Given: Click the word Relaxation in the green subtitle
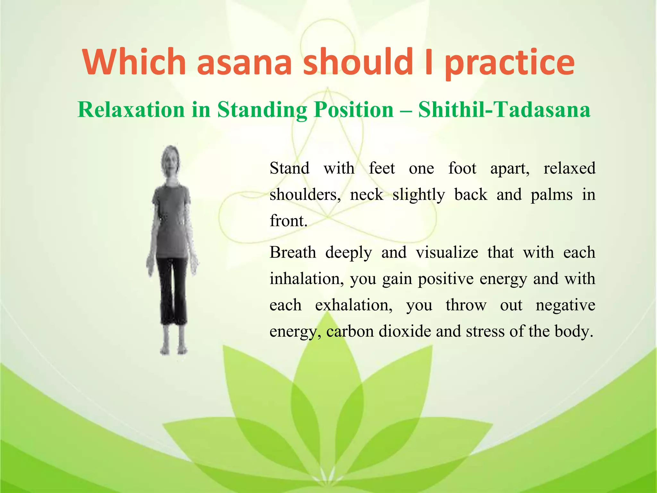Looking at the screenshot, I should pyautogui.click(x=131, y=110).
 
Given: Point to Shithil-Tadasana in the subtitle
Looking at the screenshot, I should pyautogui.click(x=504, y=110).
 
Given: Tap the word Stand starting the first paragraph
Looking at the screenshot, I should pyautogui.click(x=289, y=168).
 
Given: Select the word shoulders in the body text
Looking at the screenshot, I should pyautogui.click(x=305, y=195).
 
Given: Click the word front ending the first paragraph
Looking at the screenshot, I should pyautogui.click(x=288, y=221).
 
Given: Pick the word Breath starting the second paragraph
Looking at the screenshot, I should pyautogui.click(x=293, y=252).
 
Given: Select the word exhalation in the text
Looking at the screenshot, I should pyautogui.click(x=354, y=305).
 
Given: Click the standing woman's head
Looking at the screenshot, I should pyautogui.click(x=171, y=162).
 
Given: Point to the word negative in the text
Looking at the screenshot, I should pyautogui.click(x=565, y=305).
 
